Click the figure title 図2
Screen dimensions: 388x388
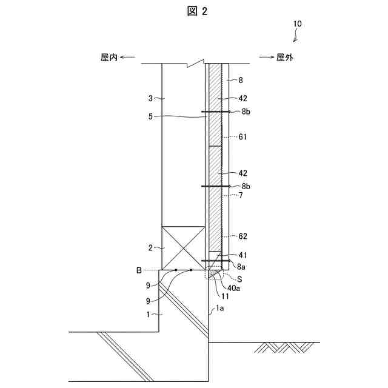point(193,12)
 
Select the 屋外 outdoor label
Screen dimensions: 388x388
point(285,58)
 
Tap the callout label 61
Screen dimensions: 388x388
point(242,137)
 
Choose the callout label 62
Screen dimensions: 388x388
point(242,236)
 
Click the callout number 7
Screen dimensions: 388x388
point(241,195)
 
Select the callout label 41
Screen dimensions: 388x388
point(242,255)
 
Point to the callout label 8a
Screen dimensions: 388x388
point(242,266)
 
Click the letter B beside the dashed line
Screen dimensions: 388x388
point(139,270)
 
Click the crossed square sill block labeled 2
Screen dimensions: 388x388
point(184,248)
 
